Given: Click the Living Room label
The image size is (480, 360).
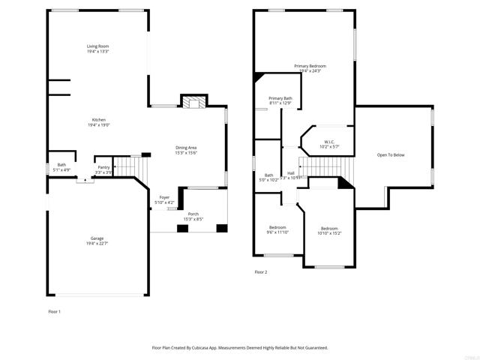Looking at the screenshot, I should [97, 46].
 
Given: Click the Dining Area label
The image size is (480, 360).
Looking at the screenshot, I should [186, 148].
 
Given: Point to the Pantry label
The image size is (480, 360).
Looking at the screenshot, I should [103, 167].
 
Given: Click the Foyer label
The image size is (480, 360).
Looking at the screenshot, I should [164, 197].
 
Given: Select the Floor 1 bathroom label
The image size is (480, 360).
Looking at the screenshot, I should [61, 165].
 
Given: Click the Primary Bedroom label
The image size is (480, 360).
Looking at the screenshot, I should [310, 66].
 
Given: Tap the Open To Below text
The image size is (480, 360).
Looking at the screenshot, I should [390, 154].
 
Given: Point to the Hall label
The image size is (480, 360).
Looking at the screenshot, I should [290, 173].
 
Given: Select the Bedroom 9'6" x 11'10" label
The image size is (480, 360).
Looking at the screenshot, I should [278, 227].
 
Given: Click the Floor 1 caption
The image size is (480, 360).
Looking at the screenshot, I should [54, 311].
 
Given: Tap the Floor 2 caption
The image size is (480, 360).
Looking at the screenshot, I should [260, 272].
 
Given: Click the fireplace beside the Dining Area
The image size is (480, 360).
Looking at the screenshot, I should [193, 103].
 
